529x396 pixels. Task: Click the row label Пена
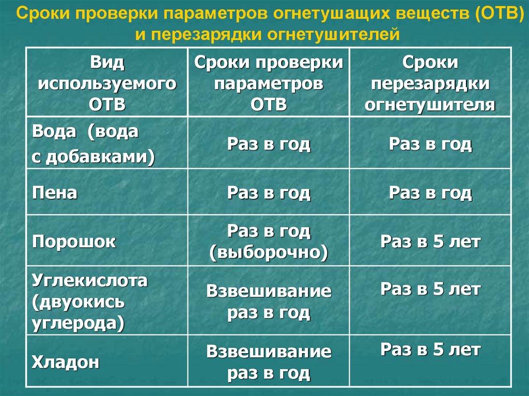(55, 193)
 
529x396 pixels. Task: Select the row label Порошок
(74, 242)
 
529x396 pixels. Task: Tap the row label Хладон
(66, 361)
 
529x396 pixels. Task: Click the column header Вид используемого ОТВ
(107, 83)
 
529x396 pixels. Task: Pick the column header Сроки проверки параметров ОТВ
(269, 83)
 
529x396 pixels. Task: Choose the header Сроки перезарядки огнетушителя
(430, 83)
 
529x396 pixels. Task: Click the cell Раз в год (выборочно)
(269, 242)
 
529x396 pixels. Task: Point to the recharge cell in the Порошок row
(430, 242)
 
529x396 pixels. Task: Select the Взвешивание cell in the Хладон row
(269, 362)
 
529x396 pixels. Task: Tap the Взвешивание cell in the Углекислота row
(269, 302)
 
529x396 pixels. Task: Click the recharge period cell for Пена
(430, 193)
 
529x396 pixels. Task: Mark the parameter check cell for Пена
(269, 193)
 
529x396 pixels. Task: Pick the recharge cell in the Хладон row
(430, 350)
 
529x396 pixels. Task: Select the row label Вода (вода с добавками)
(93, 144)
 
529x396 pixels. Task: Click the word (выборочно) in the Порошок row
(269, 253)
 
